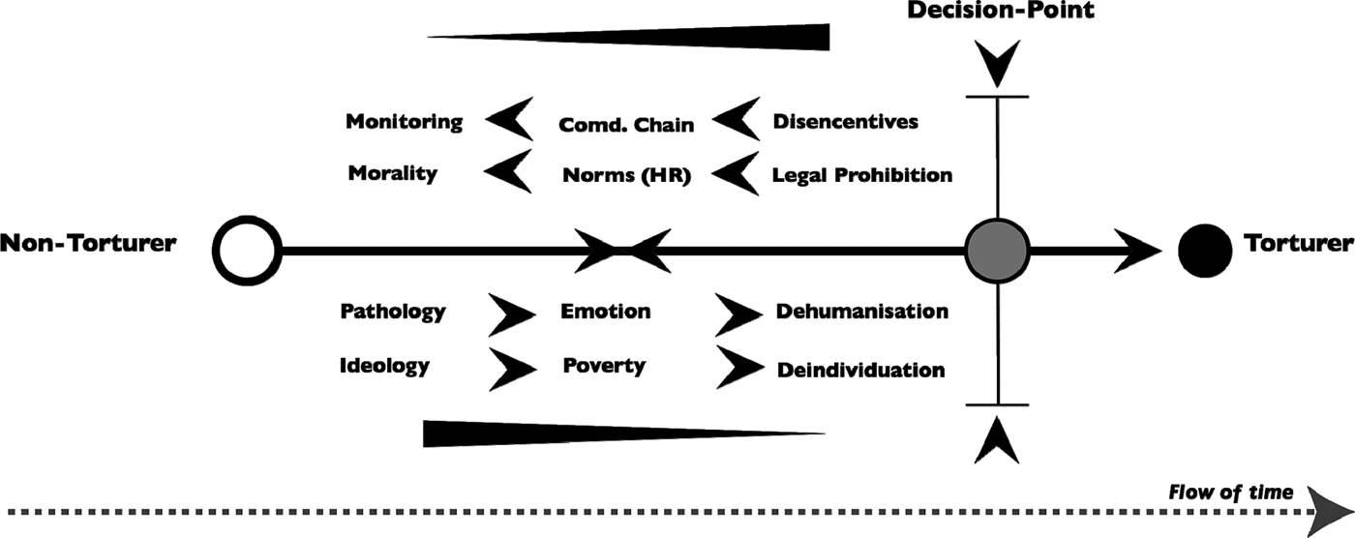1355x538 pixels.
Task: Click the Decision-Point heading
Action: pos(1001,10)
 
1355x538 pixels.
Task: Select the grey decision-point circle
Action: pos(998,251)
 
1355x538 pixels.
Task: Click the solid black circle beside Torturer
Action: pos(1204,251)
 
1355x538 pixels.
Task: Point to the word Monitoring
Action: pos(405,122)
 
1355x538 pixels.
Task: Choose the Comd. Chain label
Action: pos(626,125)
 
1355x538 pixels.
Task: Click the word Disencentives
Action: pos(846,122)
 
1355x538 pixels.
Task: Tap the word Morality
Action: pos(393,173)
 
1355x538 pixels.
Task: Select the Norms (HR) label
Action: pos(627,175)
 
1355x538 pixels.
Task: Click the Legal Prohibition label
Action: pos(862,175)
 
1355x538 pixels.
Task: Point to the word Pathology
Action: pos(393,312)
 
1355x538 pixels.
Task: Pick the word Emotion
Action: pos(606,312)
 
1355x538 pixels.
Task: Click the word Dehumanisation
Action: pos(862,312)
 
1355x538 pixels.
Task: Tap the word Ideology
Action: pos(384,367)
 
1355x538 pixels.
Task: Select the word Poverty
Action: pos(604,366)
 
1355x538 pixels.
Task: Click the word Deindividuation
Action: pos(860,370)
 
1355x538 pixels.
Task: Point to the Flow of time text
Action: pos(1230,493)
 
